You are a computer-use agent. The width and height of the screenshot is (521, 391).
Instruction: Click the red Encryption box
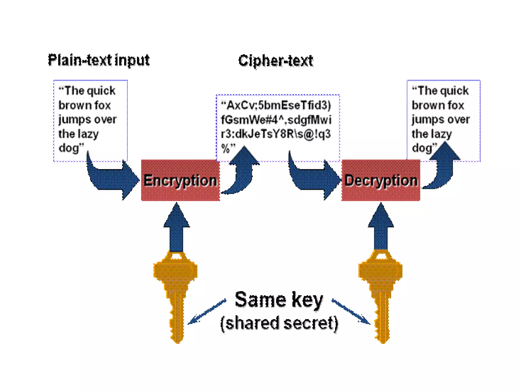180,180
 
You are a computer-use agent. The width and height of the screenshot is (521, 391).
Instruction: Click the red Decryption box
381,180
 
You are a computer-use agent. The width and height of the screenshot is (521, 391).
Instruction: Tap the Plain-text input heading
99,61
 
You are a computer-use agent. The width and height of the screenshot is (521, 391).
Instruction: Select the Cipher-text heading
276,61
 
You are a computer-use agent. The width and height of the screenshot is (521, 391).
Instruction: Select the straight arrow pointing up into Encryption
176,229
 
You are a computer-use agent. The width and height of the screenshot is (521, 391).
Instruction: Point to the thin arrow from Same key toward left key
207,312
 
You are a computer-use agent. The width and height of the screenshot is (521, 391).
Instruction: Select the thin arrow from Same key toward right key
351,312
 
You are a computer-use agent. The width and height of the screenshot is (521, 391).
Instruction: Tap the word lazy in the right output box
442,134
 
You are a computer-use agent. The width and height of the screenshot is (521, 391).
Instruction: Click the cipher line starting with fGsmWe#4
276,120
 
